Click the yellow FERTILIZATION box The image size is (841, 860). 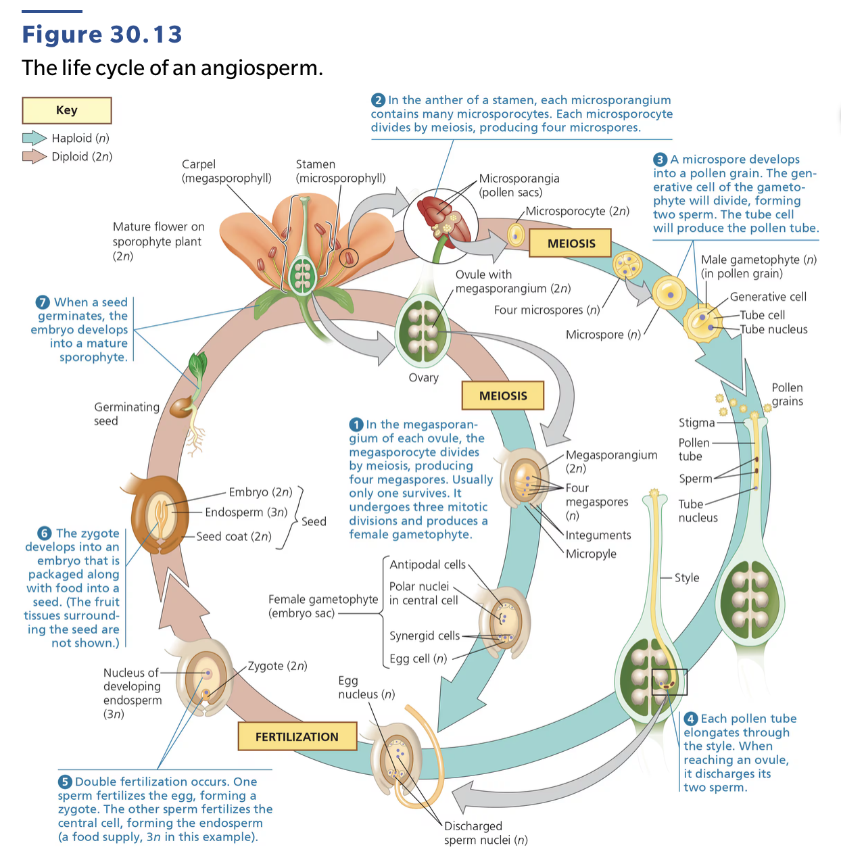tap(297, 736)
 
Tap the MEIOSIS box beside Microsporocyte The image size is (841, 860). tap(571, 243)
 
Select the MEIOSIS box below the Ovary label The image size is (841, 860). tap(502, 396)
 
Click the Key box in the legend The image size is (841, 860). tap(67, 110)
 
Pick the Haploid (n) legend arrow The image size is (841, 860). tap(34, 139)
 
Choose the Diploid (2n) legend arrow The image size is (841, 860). tap(34, 157)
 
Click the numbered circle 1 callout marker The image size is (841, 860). tap(356, 425)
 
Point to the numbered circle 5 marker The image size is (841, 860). tap(65, 782)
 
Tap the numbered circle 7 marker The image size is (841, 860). tap(43, 302)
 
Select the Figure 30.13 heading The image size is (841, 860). tap(102, 34)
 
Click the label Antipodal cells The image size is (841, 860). tap(427, 565)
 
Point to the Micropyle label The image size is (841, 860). tap(591, 554)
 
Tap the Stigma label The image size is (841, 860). tap(696, 423)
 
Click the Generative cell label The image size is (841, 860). tap(768, 297)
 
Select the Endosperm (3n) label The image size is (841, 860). tap(246, 512)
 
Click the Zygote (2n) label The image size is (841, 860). tap(277, 666)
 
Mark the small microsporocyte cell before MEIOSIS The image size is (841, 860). tap(516, 235)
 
